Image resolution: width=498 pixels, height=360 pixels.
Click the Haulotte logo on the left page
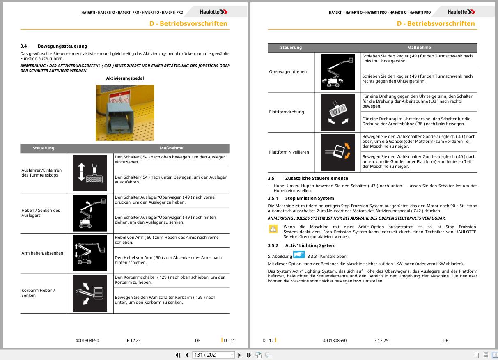click(x=213, y=12)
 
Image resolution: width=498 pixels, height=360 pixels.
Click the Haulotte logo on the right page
click(x=461, y=12)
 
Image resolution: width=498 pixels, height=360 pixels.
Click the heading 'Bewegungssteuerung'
click(x=62, y=46)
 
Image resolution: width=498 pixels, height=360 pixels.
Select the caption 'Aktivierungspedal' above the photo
click(x=125, y=78)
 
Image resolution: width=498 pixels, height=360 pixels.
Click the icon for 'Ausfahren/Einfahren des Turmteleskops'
click(x=90, y=173)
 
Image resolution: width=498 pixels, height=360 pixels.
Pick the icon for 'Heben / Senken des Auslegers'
click(x=90, y=213)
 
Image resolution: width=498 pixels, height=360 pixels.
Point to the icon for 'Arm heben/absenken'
click(x=90, y=253)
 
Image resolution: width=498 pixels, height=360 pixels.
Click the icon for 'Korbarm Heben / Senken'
click(x=90, y=293)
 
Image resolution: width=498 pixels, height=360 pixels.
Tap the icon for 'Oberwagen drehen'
click(x=337, y=72)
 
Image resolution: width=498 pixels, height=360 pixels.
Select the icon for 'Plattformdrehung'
click(x=337, y=112)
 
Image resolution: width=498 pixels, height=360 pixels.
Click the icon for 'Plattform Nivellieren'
click(x=337, y=152)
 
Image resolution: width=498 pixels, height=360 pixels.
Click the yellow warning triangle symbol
click(x=273, y=229)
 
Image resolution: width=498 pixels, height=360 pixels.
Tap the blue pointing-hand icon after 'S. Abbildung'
click(x=299, y=255)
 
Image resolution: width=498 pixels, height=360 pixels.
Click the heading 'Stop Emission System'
click(x=310, y=198)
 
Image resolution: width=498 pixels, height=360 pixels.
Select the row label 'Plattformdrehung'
click(x=286, y=112)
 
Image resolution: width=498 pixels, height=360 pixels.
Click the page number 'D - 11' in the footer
click(x=229, y=340)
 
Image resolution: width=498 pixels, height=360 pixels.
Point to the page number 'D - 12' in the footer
click(x=268, y=340)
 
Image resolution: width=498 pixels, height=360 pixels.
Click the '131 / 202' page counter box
click(x=213, y=355)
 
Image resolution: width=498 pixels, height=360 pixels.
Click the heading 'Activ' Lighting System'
click(x=310, y=245)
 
